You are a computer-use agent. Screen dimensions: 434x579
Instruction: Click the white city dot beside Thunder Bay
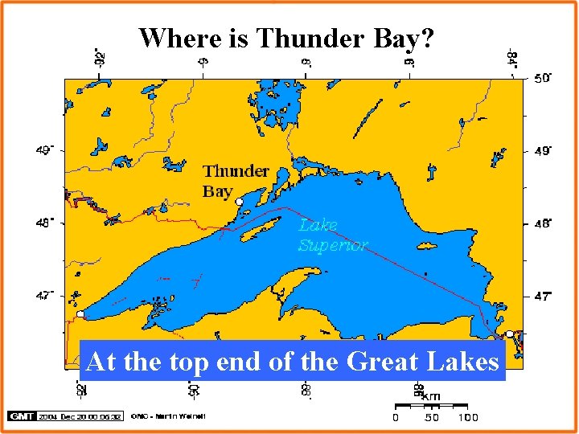coord(239,202)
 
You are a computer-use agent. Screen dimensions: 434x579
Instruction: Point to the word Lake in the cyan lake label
coord(318,225)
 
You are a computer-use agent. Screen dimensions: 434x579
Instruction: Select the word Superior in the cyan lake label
coord(333,245)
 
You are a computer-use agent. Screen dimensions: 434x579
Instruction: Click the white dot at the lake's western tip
coord(80,314)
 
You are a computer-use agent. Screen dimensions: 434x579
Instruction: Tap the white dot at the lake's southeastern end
coord(509,334)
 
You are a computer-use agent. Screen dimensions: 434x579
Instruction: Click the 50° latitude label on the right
coord(543,78)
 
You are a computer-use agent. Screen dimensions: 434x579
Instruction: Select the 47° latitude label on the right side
coord(543,297)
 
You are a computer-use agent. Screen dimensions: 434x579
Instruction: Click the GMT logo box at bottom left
coord(18,416)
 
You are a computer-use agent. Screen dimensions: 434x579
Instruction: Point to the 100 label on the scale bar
coord(467,417)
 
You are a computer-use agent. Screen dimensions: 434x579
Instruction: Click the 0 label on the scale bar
coord(395,417)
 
